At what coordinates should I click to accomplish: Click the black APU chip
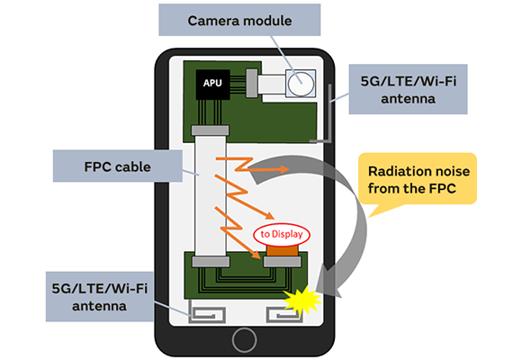[x=212, y=84]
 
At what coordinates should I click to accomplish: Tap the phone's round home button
[x=244, y=339]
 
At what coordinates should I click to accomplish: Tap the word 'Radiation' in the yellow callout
[x=391, y=168]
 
